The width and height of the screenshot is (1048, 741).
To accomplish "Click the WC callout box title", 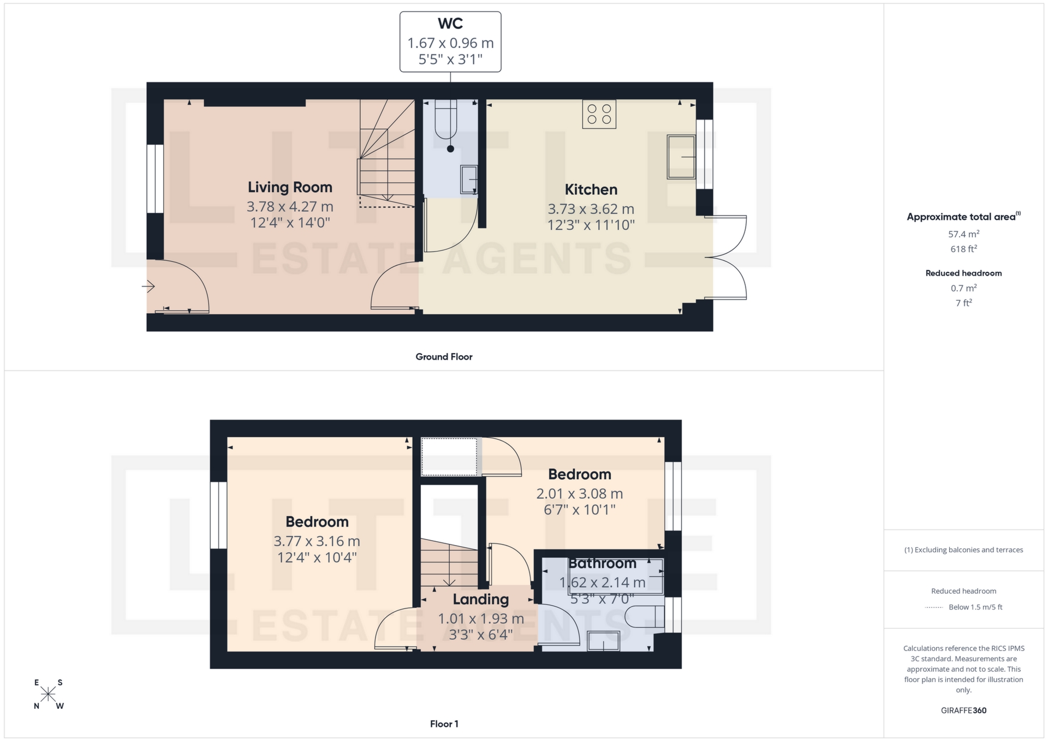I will (x=450, y=23).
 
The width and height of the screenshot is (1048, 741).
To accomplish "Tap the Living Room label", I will (x=290, y=187).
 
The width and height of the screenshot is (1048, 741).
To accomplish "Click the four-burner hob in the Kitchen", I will (x=599, y=114).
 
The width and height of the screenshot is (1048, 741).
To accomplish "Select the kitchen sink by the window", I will (x=681, y=157).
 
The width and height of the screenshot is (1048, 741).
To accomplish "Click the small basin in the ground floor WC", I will (x=468, y=180).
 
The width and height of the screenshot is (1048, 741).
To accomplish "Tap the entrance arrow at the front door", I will (x=148, y=286).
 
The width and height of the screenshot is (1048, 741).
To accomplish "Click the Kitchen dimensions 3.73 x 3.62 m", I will (x=591, y=209).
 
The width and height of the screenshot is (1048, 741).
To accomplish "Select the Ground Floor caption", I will (x=444, y=357).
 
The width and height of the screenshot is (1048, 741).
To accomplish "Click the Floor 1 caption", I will (x=444, y=724).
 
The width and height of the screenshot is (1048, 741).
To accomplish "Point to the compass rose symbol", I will (x=48, y=694).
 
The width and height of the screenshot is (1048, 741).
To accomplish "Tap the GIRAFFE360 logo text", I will (x=963, y=710).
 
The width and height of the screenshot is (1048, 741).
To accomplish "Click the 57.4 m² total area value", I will (x=963, y=234).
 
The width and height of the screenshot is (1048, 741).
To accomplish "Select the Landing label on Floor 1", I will (x=480, y=599).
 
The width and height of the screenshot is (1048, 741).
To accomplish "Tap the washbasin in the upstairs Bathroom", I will (x=603, y=641).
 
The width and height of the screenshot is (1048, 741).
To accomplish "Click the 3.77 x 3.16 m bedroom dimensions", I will (x=317, y=541).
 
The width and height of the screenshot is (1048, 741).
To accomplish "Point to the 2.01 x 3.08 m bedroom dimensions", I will (x=579, y=494).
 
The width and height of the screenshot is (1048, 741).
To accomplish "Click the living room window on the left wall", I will (x=155, y=178).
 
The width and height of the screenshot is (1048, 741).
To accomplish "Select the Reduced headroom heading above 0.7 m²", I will (x=963, y=273).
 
